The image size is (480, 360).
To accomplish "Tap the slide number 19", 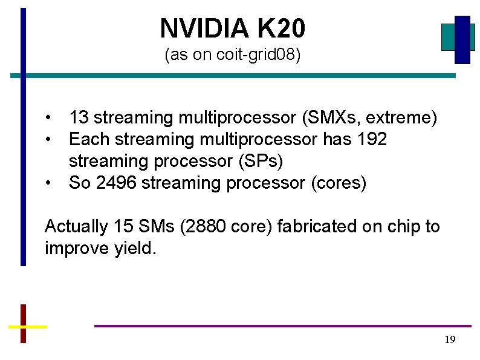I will coord(449,339).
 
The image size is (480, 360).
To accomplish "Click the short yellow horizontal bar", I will coord(27,327).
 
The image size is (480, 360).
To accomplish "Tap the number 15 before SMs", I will coord(120,227).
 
